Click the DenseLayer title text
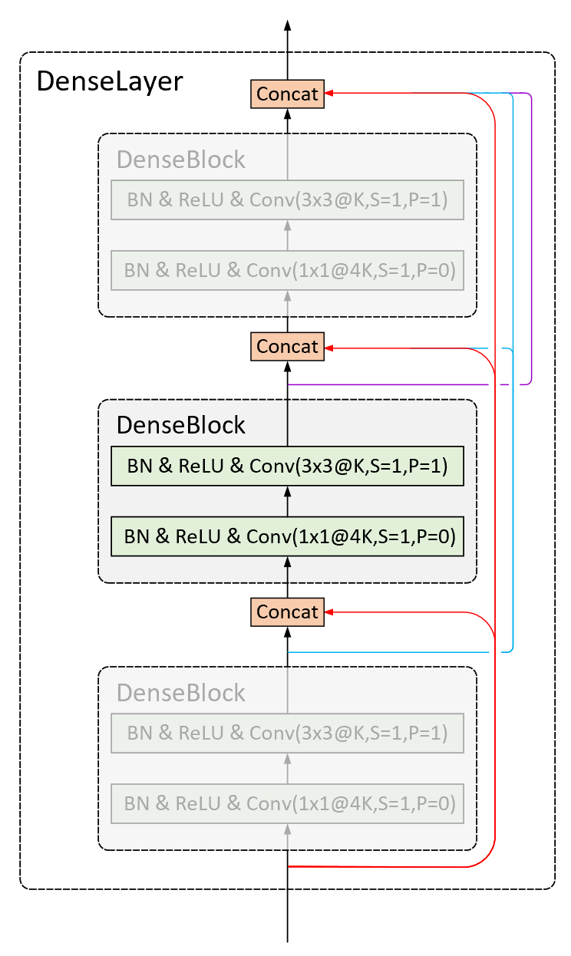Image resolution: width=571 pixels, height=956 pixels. point(110,81)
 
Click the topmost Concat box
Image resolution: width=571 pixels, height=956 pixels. point(287,94)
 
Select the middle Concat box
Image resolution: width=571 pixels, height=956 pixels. point(287,347)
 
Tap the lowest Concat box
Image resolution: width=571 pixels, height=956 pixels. point(287,612)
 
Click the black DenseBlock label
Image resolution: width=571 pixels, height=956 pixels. point(181,425)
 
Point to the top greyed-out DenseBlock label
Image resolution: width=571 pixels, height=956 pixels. point(181,160)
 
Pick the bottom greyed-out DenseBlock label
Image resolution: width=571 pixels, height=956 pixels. point(181,692)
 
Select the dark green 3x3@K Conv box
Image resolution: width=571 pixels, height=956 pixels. point(287,466)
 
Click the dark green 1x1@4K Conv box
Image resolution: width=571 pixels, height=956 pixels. point(287,536)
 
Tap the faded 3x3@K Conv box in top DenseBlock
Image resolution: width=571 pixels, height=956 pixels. point(287,199)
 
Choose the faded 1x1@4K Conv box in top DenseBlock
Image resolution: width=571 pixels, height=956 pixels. point(287,270)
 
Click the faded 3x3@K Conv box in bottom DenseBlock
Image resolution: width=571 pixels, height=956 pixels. point(287,733)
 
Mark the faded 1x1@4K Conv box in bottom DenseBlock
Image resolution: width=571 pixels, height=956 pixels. point(287,803)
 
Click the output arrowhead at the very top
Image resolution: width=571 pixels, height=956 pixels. point(288,25)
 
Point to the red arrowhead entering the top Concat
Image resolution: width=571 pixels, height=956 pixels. point(329,93)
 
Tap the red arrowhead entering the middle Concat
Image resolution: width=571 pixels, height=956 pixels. point(329,348)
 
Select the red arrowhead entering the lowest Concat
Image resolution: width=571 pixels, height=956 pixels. point(329,612)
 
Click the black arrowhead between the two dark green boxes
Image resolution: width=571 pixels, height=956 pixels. point(288,492)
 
